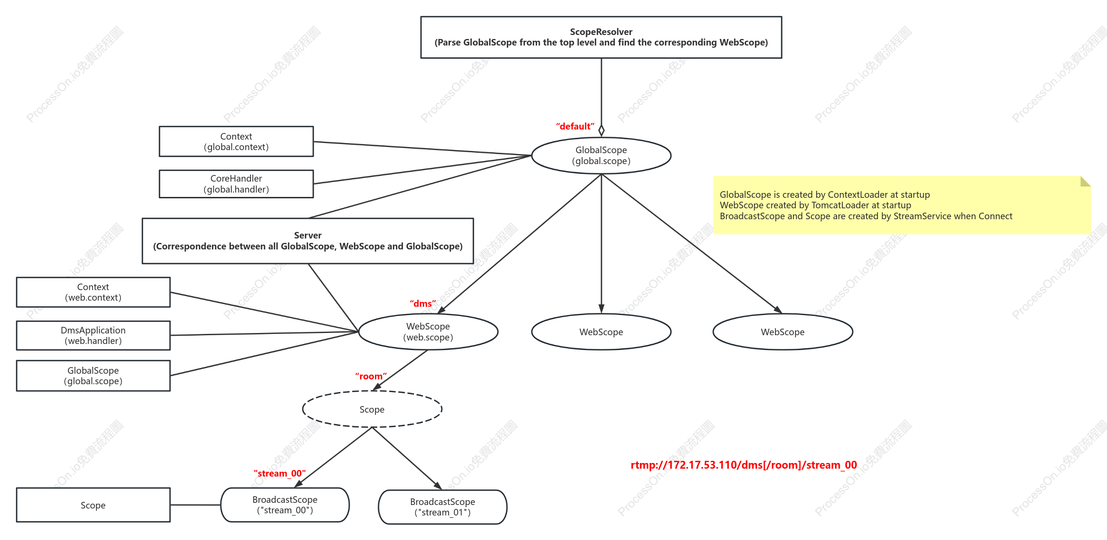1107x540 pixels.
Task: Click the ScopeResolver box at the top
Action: pos(601,37)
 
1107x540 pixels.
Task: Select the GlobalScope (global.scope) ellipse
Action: pos(601,155)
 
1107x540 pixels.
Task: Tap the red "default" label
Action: pos(575,126)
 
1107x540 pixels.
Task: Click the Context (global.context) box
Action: pos(236,141)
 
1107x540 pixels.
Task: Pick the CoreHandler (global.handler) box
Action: pos(236,184)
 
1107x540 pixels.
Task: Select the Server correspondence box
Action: pos(308,241)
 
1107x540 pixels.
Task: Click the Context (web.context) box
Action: pos(93,292)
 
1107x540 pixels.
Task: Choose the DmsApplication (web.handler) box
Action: pos(93,335)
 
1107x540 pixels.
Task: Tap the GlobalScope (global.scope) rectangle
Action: pos(93,375)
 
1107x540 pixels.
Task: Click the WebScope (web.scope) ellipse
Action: pos(428,332)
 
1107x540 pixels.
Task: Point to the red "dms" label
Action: pos(423,304)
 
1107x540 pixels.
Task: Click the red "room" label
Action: pos(371,376)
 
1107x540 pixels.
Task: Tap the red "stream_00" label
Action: pos(279,473)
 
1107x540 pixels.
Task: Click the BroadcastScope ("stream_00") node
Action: pos(285,505)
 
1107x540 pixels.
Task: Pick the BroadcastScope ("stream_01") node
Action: pos(442,507)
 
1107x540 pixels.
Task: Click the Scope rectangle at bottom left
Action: pos(93,505)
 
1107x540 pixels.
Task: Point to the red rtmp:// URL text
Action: pos(743,465)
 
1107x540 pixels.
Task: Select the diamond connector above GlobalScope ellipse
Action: pos(601,130)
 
